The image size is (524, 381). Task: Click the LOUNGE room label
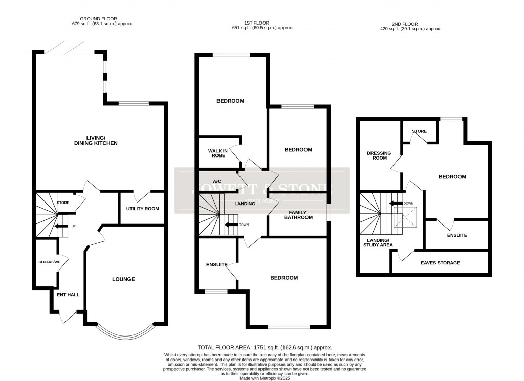coord(123,279)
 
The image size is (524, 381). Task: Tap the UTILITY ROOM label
coord(143,209)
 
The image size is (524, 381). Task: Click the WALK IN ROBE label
coord(217,153)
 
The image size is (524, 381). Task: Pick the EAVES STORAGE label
coord(440,263)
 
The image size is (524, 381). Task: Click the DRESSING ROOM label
coord(379,156)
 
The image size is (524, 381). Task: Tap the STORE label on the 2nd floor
coord(420,131)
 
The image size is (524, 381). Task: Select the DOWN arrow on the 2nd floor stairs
coord(397,203)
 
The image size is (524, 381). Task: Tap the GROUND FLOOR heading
coord(103,24)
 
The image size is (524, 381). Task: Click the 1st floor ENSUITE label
coord(216,264)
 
